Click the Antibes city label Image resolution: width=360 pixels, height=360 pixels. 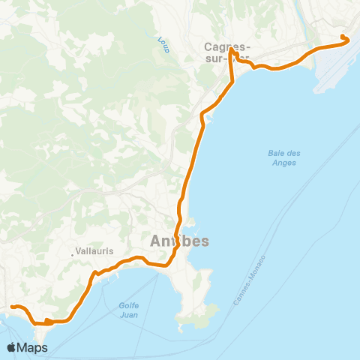[x=179, y=241]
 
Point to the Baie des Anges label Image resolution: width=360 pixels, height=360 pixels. [x=283, y=158]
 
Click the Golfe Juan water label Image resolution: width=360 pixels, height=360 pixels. [x=130, y=310]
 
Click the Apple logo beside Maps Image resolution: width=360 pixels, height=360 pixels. [x=11, y=347]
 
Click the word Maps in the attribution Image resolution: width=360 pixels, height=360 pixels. [x=32, y=347]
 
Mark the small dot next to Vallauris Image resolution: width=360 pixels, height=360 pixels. [x=73, y=255]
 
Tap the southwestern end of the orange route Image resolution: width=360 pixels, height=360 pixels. [x=12, y=306]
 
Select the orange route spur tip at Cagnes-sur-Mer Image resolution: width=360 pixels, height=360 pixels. [x=232, y=52]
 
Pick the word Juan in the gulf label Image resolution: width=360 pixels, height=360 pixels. [x=130, y=314]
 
